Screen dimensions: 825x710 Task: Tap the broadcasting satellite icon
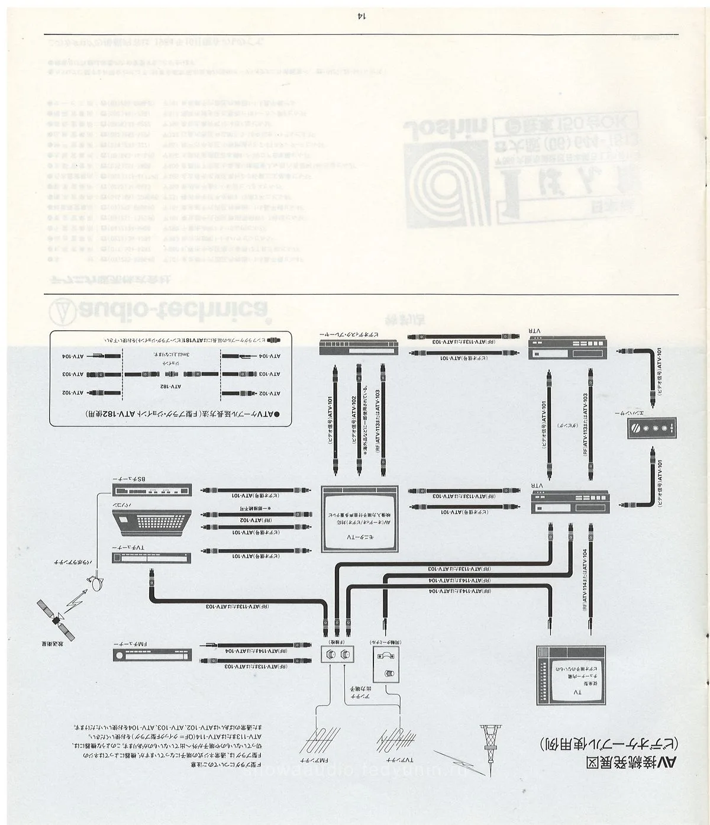(x=57, y=620)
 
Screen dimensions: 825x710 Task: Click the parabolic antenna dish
(x=95, y=583)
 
